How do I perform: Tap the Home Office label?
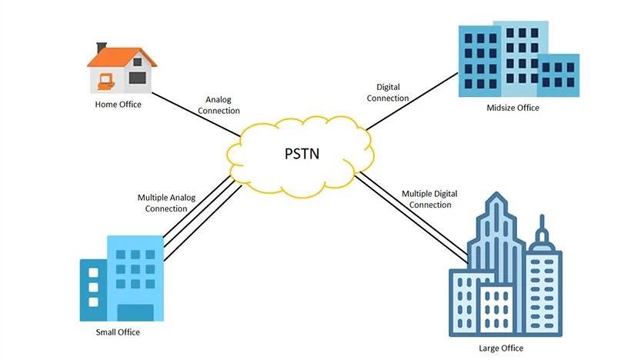[x=118, y=105]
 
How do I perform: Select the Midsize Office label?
[x=513, y=108]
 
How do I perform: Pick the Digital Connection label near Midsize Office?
[x=388, y=93]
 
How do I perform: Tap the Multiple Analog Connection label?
[x=166, y=203]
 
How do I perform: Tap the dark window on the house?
[x=137, y=78]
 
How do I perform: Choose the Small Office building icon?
[x=122, y=278]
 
